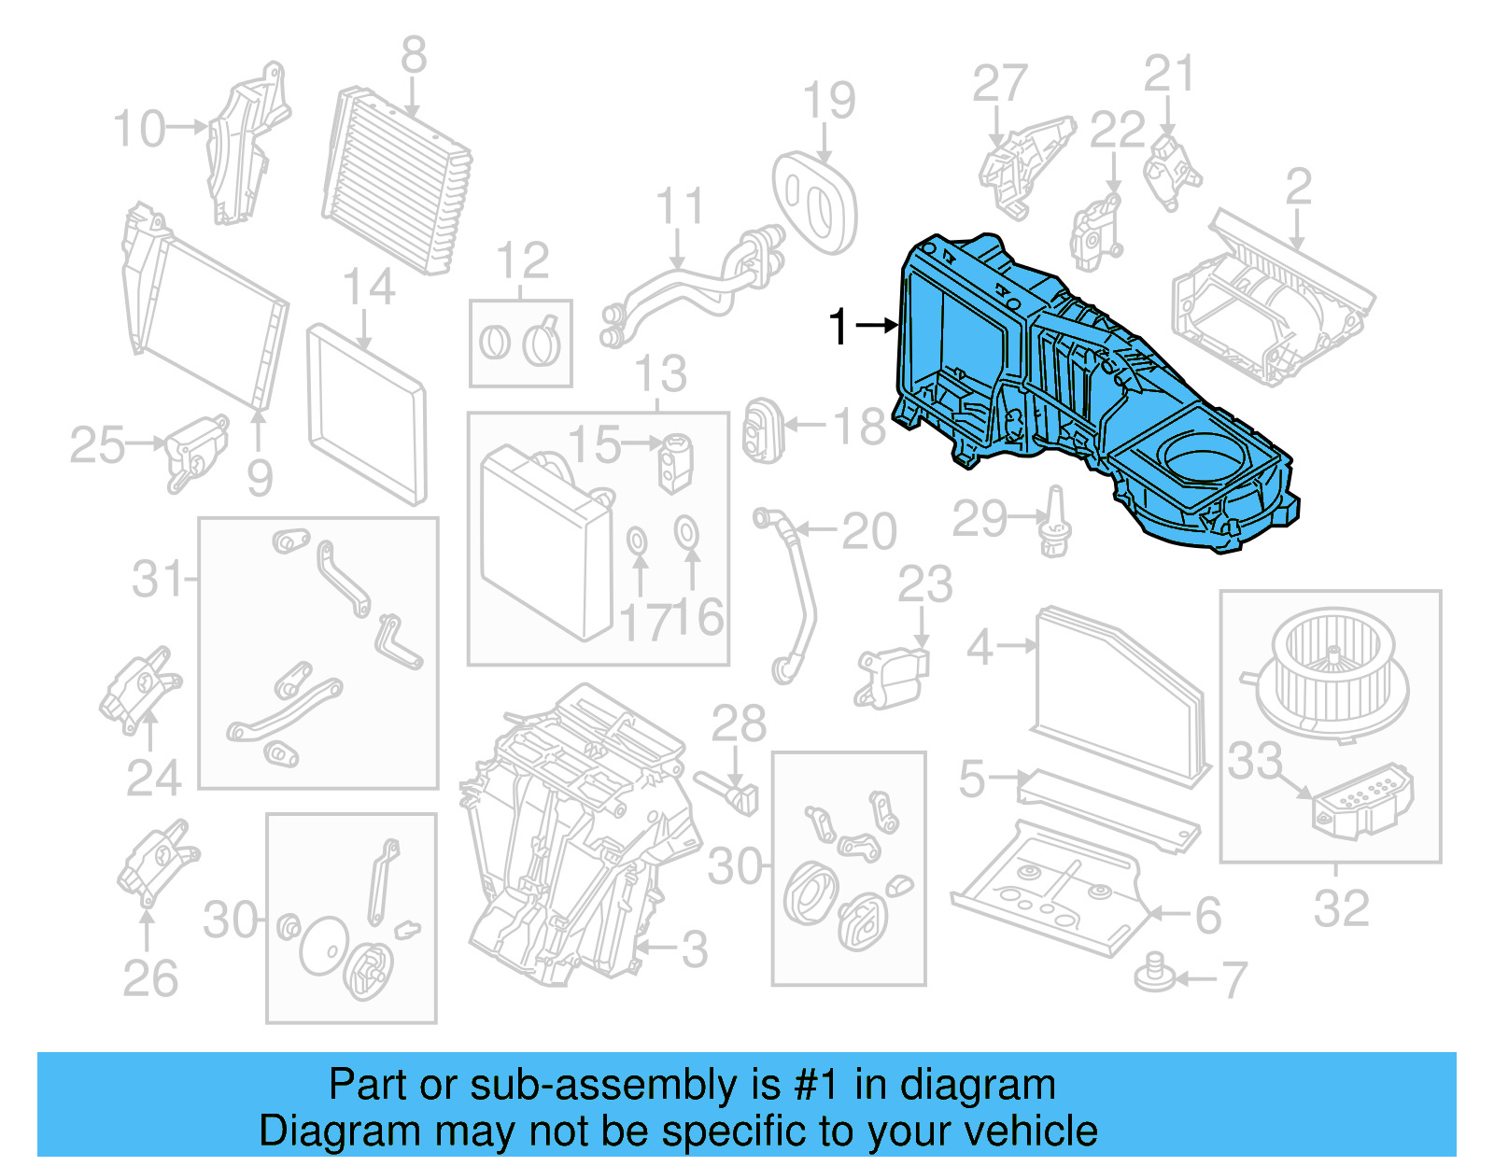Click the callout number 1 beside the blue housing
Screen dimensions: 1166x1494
839,328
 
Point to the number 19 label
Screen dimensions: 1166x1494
828,101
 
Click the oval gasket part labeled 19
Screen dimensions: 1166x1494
814,203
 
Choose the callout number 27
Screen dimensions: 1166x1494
999,84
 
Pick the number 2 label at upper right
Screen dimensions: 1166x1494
1298,187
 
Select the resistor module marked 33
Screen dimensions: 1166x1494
1363,799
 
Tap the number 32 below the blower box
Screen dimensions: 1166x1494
1341,908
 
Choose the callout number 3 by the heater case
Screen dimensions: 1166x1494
694,949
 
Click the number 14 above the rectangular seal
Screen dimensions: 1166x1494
369,288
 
